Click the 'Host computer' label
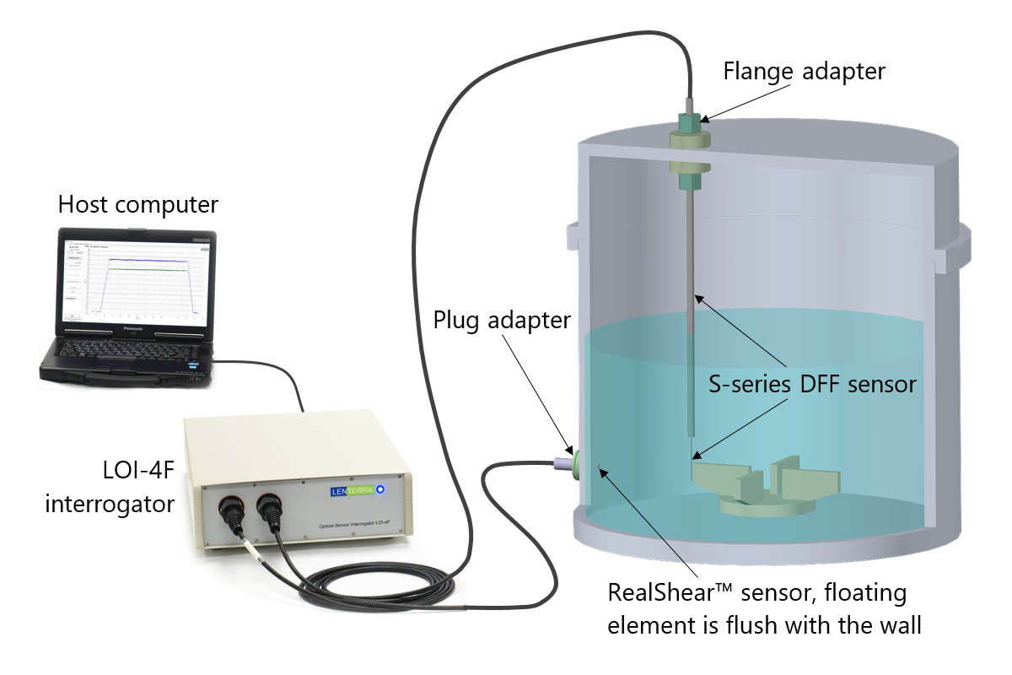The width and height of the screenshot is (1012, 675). click(138, 204)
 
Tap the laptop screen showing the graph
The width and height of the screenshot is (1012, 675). click(134, 279)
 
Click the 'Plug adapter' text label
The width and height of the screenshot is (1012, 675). click(502, 321)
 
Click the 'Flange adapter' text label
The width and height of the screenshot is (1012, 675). click(804, 72)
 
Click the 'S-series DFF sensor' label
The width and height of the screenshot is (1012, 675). click(812, 385)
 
